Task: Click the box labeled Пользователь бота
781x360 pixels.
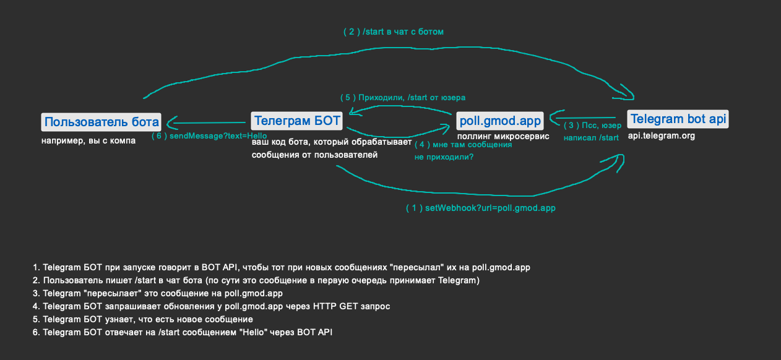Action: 101,121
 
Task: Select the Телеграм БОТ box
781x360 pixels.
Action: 297,121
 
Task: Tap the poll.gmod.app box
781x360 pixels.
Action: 499,121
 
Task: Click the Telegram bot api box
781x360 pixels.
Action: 678,119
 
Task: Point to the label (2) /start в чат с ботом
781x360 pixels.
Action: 394,32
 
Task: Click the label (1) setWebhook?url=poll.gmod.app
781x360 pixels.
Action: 480,208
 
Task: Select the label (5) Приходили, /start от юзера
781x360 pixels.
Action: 403,97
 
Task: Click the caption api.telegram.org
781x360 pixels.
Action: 661,135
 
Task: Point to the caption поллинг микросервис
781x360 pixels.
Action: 503,136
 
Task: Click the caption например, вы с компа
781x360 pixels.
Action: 88,140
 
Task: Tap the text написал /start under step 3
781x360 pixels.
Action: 590,137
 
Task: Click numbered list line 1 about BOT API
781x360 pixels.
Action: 282,268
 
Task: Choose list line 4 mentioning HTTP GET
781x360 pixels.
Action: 212,306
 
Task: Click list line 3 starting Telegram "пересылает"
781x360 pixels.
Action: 158,293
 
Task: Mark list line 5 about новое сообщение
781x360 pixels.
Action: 143,319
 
